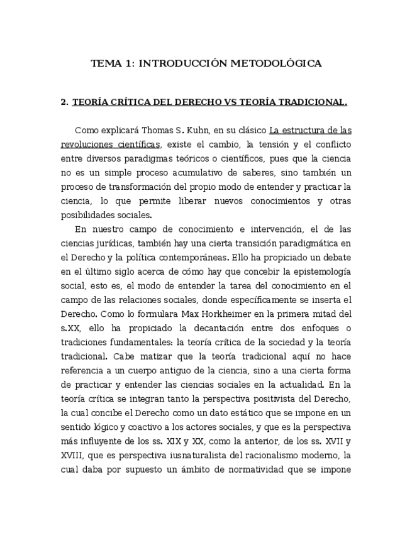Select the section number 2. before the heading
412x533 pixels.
point(64,102)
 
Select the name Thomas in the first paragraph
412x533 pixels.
point(157,131)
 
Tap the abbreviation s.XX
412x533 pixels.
point(71,328)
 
